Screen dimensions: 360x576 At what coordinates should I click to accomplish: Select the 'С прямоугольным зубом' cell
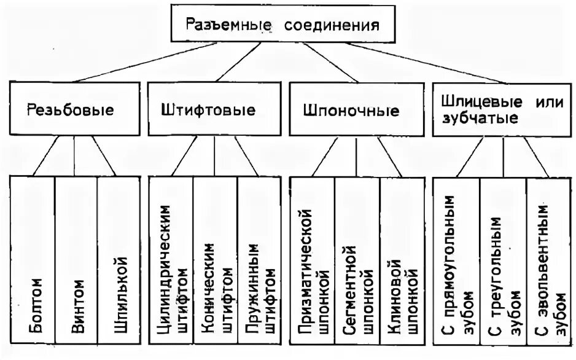(x=456, y=264)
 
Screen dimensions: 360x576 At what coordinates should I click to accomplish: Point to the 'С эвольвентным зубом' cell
(x=549, y=264)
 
